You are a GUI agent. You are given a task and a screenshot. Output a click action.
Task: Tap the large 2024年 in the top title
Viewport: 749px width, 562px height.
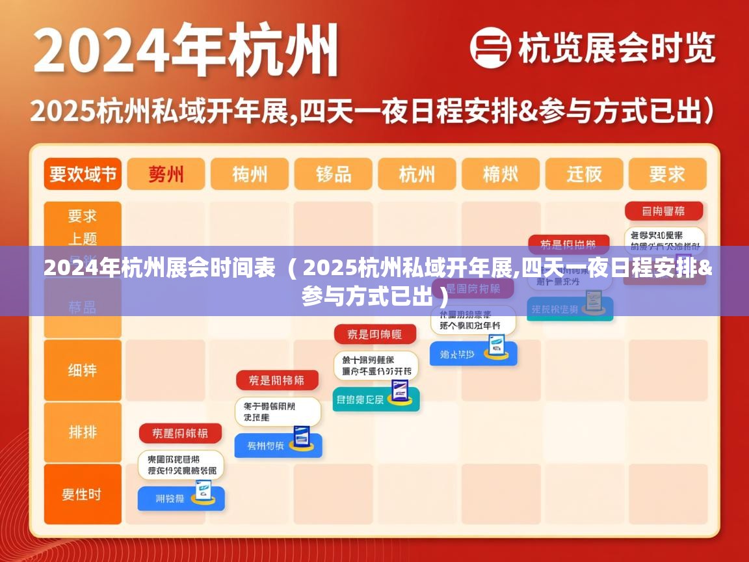point(124,51)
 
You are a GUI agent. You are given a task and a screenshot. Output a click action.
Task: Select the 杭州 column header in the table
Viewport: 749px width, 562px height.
point(417,174)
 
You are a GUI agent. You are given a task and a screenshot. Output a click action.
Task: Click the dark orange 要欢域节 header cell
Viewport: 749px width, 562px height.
point(83,174)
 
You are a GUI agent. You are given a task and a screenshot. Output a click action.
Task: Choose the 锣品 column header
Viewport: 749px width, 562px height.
point(334,174)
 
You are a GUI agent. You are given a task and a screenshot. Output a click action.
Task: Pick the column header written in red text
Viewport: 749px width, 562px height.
point(166,174)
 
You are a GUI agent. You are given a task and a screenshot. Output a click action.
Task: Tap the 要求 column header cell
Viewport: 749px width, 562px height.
point(666,174)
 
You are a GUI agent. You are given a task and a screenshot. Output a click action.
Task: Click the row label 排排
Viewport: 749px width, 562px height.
point(83,432)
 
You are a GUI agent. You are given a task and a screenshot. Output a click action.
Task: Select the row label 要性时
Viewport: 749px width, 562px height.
point(83,494)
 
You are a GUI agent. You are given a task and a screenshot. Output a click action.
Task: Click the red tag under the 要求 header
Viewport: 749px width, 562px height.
point(664,211)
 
